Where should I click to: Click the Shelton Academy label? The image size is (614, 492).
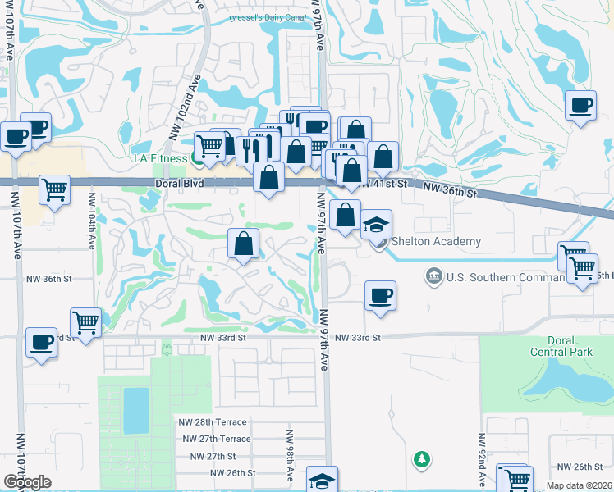click(x=435, y=241)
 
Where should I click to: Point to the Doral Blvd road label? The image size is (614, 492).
click(x=179, y=185)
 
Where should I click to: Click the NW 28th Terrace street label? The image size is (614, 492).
click(x=213, y=421)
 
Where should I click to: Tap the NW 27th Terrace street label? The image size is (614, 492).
click(x=216, y=439)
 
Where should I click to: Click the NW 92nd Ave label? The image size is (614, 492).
click(x=481, y=451)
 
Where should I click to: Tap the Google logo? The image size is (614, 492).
click(x=27, y=482)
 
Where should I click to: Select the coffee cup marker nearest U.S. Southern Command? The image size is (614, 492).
click(x=379, y=295)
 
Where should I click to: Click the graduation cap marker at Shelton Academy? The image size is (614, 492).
click(x=376, y=225)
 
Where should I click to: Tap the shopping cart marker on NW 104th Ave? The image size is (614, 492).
click(x=85, y=322)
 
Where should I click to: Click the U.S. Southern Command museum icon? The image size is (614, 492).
click(x=433, y=276)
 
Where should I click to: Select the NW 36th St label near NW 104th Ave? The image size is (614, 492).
click(x=49, y=279)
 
